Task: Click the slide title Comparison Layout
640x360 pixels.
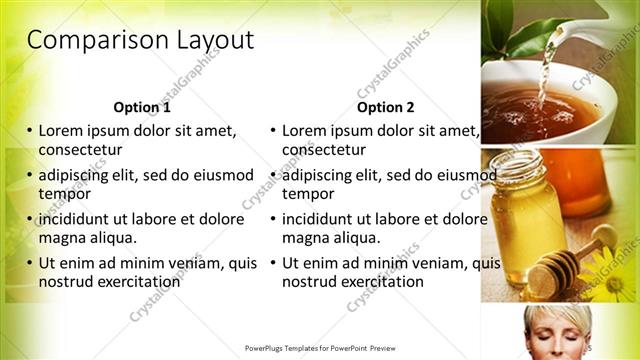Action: (140, 41)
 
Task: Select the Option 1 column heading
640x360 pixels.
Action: (142, 107)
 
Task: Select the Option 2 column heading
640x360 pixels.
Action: (386, 107)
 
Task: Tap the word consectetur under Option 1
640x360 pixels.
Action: (80, 149)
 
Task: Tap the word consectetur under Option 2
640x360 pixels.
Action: (324, 149)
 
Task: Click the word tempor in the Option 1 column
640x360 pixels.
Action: (64, 193)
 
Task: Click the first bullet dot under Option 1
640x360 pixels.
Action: (30, 131)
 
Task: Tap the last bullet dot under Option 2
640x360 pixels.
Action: (273, 263)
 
